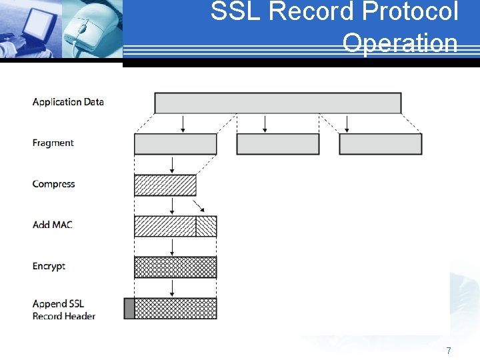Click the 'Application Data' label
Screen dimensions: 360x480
(x=68, y=102)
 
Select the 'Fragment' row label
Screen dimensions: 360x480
(x=53, y=143)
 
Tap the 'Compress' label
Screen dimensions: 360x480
(x=53, y=184)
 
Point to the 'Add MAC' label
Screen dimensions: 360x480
(x=52, y=225)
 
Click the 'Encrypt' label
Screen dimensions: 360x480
(x=49, y=266)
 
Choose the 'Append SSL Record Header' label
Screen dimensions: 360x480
(x=63, y=310)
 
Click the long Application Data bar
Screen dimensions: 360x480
(x=277, y=103)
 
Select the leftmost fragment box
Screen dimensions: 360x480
(x=175, y=144)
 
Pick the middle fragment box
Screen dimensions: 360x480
(x=277, y=144)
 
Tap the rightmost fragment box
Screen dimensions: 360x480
(x=380, y=144)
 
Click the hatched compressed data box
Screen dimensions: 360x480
(x=165, y=185)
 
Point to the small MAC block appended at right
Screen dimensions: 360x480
(x=206, y=226)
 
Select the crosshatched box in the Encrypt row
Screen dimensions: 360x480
(x=175, y=267)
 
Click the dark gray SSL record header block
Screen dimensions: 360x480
(x=129, y=309)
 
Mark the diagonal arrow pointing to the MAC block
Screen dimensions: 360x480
(x=199, y=205)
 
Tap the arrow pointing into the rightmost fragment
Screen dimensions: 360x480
(x=347, y=123)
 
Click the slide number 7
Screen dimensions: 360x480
(x=449, y=351)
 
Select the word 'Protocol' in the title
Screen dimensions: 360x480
(x=417, y=12)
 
